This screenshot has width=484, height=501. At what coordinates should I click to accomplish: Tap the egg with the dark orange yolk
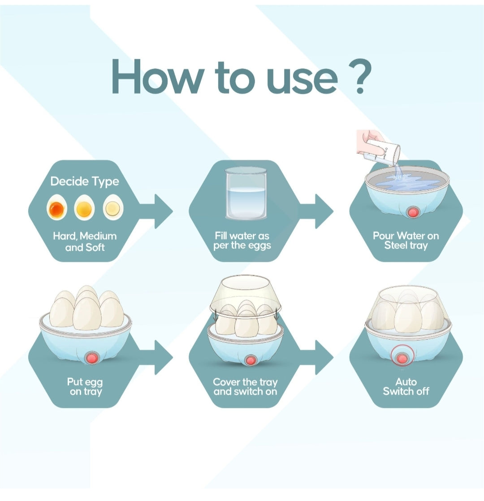tap(57, 207)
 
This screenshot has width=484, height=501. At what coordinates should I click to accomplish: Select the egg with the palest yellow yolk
tap(113, 207)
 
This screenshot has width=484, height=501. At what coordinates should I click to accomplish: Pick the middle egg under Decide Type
tap(85, 207)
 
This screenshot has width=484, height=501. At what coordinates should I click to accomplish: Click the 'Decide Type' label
tap(85, 181)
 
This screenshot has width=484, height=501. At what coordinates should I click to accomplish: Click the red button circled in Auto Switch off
tap(402, 358)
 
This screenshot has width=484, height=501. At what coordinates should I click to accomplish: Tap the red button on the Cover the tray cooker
tap(251, 360)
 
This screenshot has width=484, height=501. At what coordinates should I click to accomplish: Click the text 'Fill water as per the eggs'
tap(242, 241)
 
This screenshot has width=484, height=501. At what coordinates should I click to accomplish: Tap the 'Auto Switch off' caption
tap(406, 386)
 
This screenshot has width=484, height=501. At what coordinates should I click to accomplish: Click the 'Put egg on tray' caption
tap(85, 387)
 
